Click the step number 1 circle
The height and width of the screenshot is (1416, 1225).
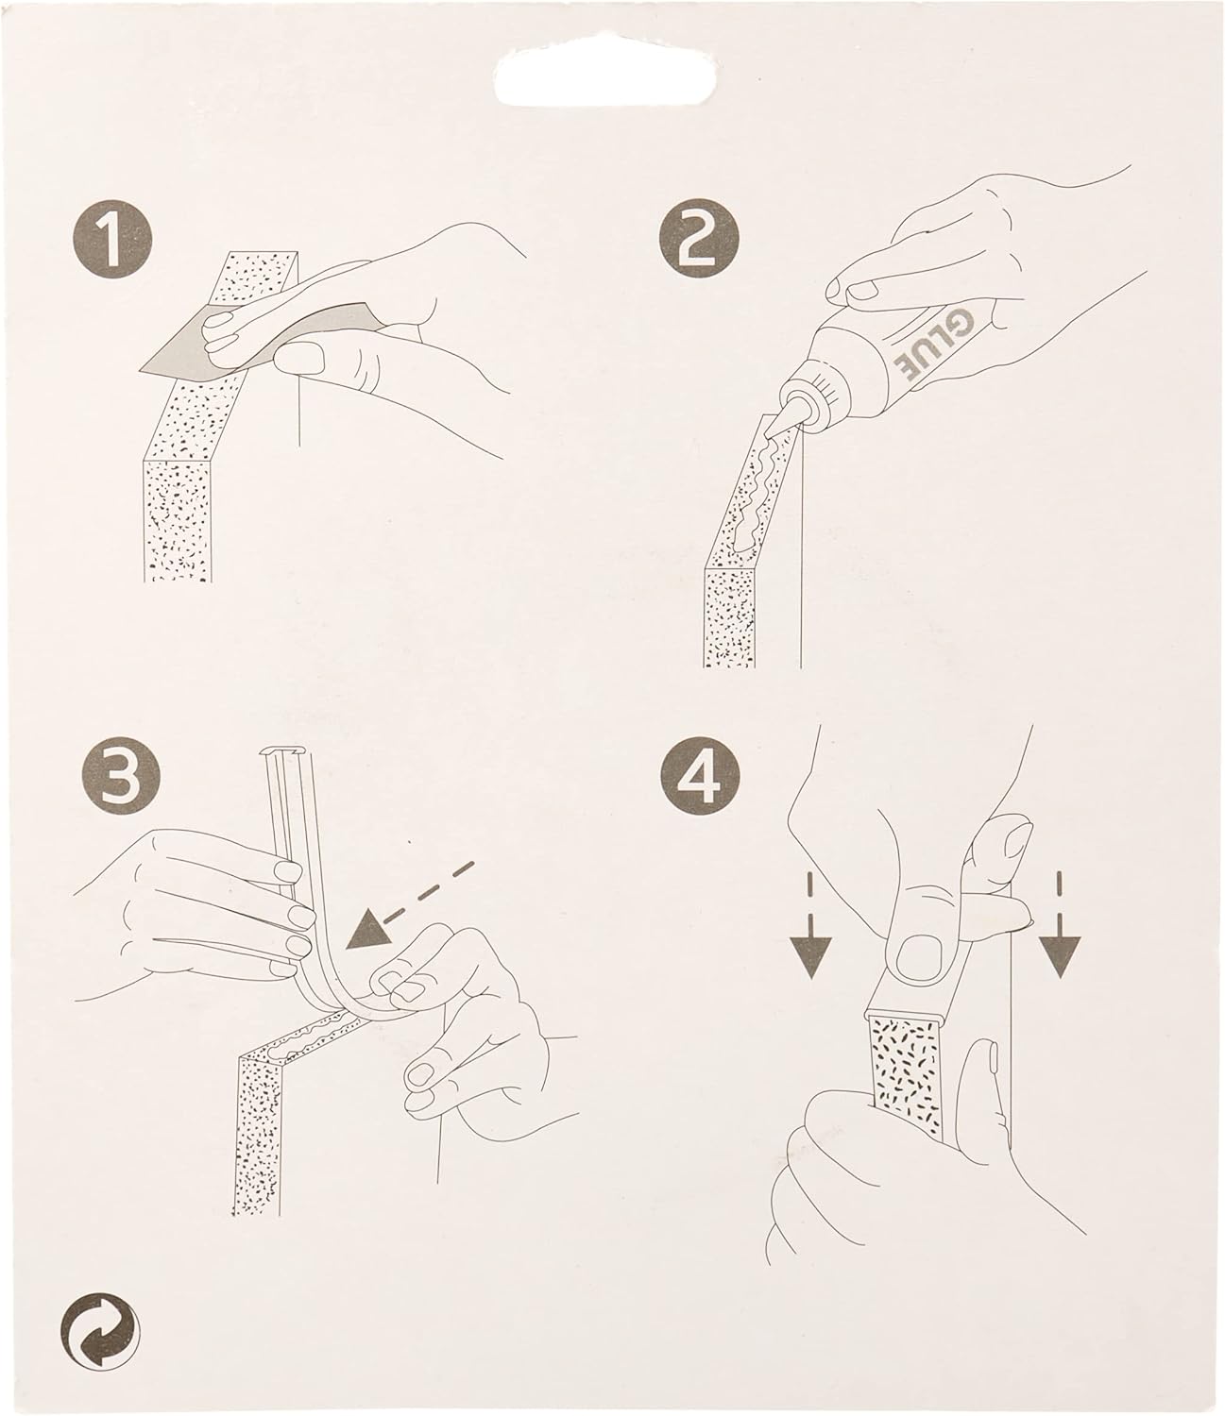[112, 239]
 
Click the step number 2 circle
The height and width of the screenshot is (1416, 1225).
[699, 238]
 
